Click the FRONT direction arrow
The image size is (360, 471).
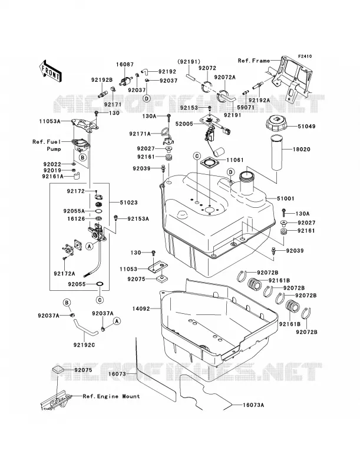[51, 71]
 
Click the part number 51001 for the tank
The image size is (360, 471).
[285, 198]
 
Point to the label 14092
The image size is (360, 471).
[141, 309]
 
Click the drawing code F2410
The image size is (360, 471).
[305, 56]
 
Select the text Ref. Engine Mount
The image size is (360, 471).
[111, 396]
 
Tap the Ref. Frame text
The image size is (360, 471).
[253, 61]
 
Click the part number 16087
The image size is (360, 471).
[125, 65]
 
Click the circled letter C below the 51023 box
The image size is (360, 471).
[100, 300]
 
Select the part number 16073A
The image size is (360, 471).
[253, 405]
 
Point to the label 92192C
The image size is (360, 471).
[84, 345]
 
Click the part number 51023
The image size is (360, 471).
[128, 203]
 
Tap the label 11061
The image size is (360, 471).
[235, 160]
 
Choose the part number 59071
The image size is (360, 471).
[245, 107]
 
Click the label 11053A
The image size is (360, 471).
[49, 121]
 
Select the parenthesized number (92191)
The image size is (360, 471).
[188, 62]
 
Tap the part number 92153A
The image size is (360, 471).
[138, 219]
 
